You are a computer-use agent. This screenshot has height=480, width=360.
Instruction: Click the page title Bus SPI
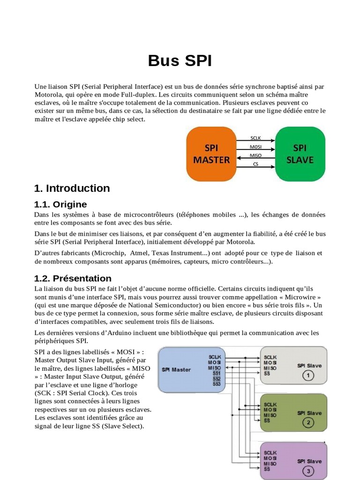[180, 61]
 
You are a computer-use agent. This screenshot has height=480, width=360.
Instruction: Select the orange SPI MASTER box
[211, 154]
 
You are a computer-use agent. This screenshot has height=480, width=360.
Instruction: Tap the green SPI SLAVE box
[300, 154]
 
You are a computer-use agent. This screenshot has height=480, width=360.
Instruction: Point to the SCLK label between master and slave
[255, 138]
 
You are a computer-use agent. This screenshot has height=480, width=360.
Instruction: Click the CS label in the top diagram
[255, 165]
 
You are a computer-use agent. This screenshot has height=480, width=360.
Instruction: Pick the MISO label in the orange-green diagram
[255, 156]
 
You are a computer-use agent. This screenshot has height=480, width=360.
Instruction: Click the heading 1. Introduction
[72, 188]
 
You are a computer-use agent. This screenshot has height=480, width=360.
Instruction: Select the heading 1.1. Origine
[60, 204]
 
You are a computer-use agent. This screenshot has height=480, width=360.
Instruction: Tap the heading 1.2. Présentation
[73, 278]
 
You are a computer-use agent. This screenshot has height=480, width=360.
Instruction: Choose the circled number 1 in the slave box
[308, 375]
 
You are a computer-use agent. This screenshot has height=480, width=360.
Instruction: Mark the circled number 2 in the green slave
[308, 423]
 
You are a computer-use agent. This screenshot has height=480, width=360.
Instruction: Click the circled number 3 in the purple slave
[308, 471]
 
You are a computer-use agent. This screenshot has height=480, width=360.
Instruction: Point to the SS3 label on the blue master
[217, 384]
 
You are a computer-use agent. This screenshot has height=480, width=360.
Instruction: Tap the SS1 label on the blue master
[217, 373]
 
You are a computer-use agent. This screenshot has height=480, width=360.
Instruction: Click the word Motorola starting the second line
[49, 94]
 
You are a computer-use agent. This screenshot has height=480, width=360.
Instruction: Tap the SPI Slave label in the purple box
[309, 461]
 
